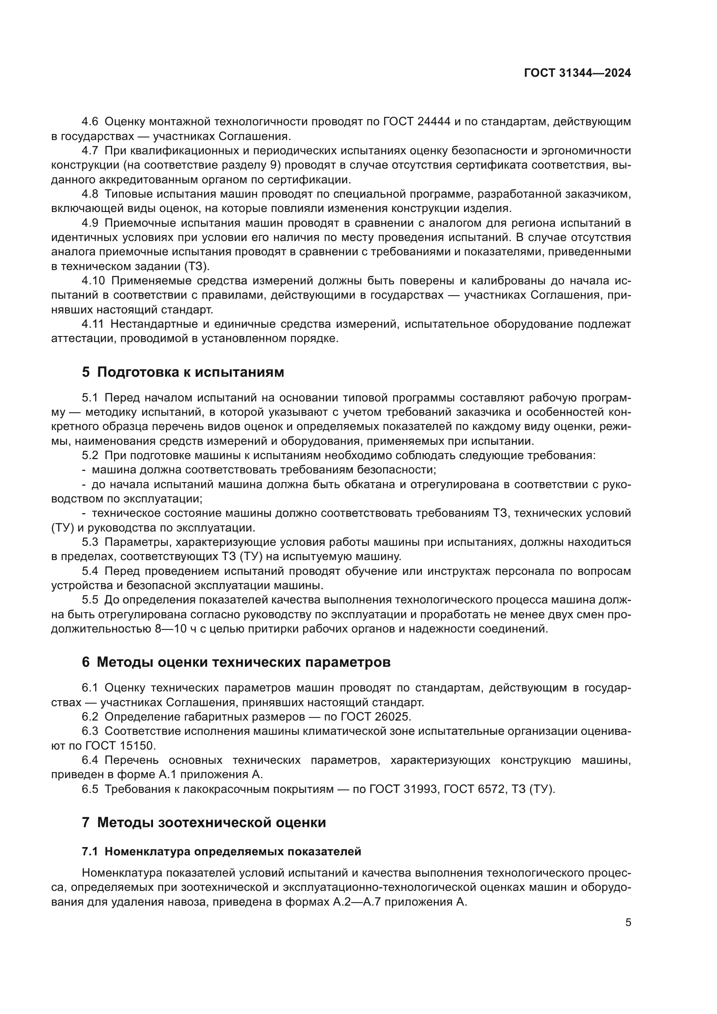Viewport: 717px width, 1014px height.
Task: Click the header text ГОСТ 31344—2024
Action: pyautogui.click(x=577, y=73)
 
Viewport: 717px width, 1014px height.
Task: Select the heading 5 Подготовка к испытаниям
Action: pyautogui.click(x=183, y=372)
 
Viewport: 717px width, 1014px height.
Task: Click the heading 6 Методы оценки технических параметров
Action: pyautogui.click(x=236, y=662)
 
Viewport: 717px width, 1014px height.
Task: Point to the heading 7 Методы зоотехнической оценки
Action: pyautogui.click(x=204, y=823)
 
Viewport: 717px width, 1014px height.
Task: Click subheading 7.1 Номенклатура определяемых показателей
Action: pyautogui.click(x=221, y=851)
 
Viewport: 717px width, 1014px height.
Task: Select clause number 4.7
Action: pyautogui.click(x=90, y=150)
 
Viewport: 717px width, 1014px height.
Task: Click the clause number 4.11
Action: pyautogui.click(x=92, y=324)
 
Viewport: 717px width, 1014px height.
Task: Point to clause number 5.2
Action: pyautogui.click(x=90, y=455)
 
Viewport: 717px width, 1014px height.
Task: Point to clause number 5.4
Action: pyautogui.click(x=90, y=571)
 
